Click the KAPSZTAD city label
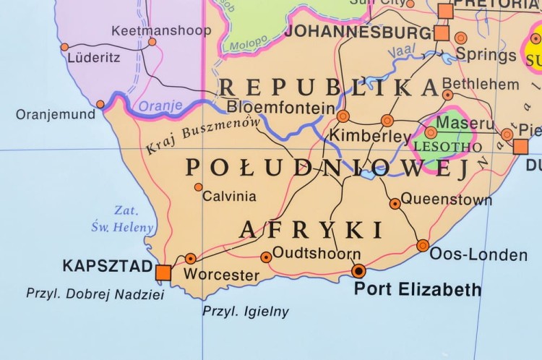pos(107,265)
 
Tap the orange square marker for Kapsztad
pos(163,272)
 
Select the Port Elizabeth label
pos(417,290)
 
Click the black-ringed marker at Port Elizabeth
pos(358,271)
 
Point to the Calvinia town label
pos(229,196)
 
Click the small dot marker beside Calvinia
pos(198,187)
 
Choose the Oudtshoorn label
pos(317,254)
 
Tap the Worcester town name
pos(221,275)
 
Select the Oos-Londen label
pos(478,254)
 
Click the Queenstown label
pos(446,199)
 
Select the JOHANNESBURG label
pos(358,32)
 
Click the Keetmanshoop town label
pos(160,30)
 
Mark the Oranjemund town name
pos(55,114)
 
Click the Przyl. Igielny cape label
pos(245,312)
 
